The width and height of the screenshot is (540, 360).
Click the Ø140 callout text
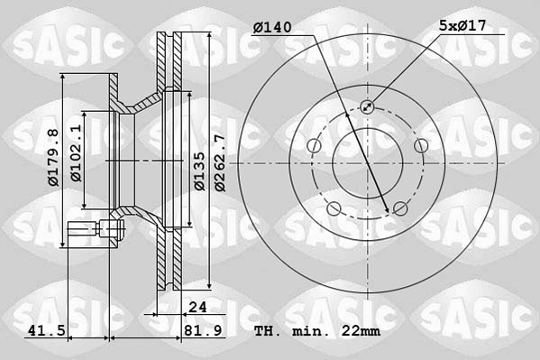[x=271, y=28]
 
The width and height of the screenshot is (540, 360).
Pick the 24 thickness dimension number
[x=198, y=307]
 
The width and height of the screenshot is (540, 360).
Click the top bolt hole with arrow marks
[x=367, y=106]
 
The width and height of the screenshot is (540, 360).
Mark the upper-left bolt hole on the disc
[x=314, y=146]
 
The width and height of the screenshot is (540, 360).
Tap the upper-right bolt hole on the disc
[x=420, y=146]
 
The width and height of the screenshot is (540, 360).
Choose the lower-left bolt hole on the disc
[x=334, y=209]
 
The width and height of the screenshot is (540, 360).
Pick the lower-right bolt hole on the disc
[x=399, y=209]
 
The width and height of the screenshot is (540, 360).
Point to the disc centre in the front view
[x=367, y=163]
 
